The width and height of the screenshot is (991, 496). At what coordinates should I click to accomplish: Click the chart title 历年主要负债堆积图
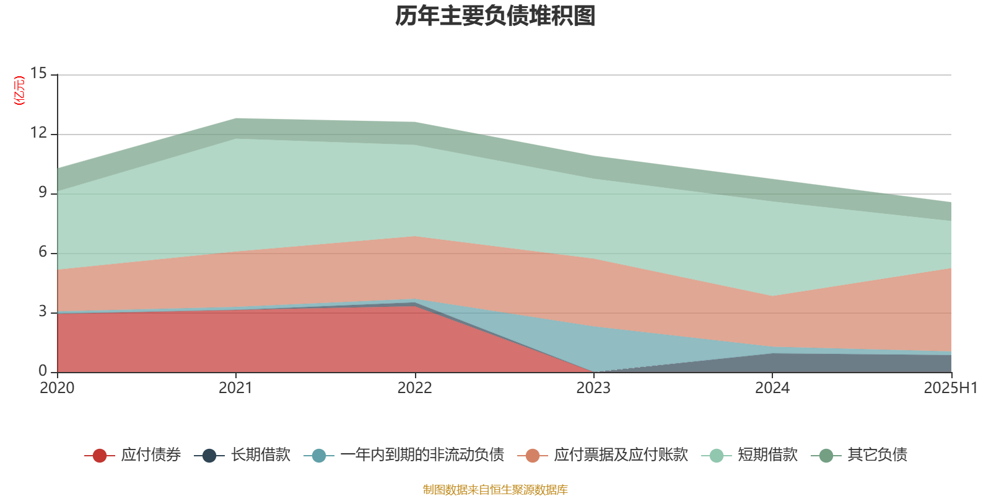(495, 16)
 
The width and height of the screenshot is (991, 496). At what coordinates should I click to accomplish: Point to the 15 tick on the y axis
(39, 73)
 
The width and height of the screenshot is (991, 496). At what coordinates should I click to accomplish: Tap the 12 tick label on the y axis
(39, 133)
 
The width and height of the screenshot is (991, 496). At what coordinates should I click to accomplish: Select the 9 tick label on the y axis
(43, 192)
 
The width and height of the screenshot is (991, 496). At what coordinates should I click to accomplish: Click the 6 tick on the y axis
(43, 252)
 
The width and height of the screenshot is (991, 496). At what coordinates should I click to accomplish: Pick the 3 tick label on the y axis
(43, 311)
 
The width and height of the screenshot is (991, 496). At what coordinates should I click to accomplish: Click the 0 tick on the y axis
(43, 371)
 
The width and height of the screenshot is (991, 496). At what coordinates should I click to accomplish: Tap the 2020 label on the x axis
(57, 388)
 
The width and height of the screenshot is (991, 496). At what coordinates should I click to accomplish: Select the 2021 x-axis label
(235, 388)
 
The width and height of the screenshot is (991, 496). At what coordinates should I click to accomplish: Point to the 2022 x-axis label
(414, 388)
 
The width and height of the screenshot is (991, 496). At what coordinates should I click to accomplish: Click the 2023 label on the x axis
(593, 388)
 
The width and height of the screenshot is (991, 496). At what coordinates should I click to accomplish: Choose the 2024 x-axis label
(772, 388)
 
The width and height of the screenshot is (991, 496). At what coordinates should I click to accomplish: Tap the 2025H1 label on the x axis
(950, 388)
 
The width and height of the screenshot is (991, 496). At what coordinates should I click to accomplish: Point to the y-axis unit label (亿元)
(20, 91)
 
